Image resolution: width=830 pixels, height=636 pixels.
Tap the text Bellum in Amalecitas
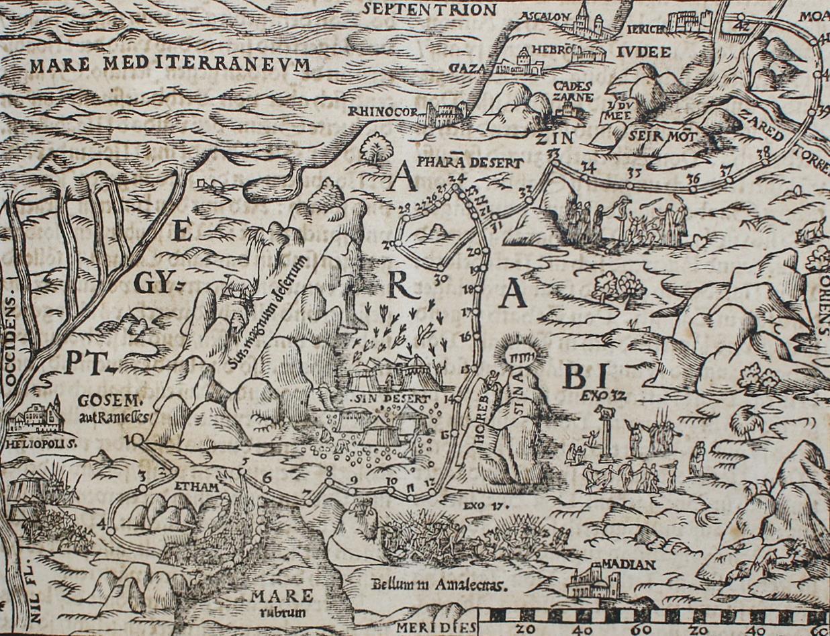click(x=439, y=584)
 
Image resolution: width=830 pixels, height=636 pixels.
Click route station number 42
click(x=742, y=26)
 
